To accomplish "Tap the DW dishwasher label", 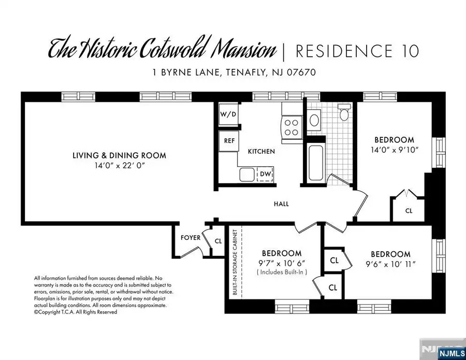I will click(265, 174).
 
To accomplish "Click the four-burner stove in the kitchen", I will click(292, 127).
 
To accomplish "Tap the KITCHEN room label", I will click(261, 151).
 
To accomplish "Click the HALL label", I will click(281, 204).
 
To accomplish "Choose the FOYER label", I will click(190, 238).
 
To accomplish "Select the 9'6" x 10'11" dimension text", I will click(390, 264).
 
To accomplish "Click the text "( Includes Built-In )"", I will click(281, 272).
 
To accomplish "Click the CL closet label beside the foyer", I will click(217, 241).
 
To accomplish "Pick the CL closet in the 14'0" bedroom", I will click(409, 211).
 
